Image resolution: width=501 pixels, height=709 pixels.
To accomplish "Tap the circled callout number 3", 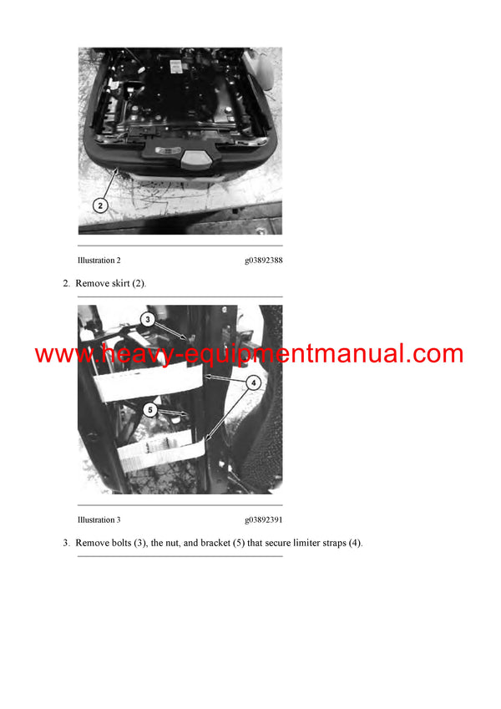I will pyautogui.click(x=147, y=319).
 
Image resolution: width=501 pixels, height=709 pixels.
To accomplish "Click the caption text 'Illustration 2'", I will pyautogui.click(x=99, y=261).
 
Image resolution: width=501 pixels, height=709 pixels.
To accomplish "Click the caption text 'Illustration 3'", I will pyautogui.click(x=99, y=519).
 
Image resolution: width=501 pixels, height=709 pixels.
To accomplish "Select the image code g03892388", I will pyautogui.click(x=263, y=261).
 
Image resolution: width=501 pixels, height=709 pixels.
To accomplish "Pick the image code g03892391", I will pyautogui.click(x=263, y=519).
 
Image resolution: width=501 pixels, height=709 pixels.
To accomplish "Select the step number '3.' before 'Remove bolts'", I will pyautogui.click(x=67, y=543).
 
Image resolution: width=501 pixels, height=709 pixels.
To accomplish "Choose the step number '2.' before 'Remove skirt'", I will pyautogui.click(x=67, y=284).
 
